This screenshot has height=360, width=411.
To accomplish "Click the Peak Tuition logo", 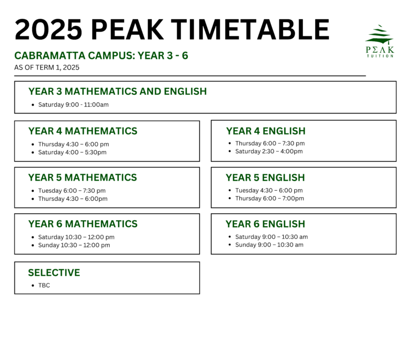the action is coord(380,41).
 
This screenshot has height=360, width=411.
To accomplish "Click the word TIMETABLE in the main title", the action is coord(250,29).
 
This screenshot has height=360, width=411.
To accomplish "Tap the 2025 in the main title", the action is coord(49,29).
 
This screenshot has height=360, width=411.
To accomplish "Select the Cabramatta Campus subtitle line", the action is coord(101,56).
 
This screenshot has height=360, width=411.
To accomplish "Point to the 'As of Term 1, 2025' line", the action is coord(47,67).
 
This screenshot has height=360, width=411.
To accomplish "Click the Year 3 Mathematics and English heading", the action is coord(117,91).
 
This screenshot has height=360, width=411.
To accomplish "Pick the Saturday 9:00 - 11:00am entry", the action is coord(73,104).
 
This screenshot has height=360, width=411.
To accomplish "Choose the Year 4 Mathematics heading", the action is coord(83,131).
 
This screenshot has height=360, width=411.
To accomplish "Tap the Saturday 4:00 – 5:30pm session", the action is coord(72,152).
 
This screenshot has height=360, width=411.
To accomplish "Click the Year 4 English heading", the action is coord(266,131).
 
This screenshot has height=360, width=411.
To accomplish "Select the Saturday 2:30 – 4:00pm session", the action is coord(269,152).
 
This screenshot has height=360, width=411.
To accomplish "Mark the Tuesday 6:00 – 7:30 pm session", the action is coord(72,191).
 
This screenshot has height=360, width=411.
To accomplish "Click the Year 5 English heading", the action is coord(265,178).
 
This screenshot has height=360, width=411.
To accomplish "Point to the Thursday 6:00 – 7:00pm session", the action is coord(270,198).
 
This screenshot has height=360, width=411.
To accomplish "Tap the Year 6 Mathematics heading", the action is coord(83,224).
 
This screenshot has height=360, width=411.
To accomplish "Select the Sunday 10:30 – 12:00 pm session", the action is coord(74,245).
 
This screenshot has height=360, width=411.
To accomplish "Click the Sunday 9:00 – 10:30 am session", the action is coord(269,245).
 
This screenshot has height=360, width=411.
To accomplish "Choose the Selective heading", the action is coord(54,273).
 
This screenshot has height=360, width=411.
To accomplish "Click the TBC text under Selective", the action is coord(44,285).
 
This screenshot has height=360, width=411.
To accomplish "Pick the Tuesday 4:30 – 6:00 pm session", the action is coord(269,191).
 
